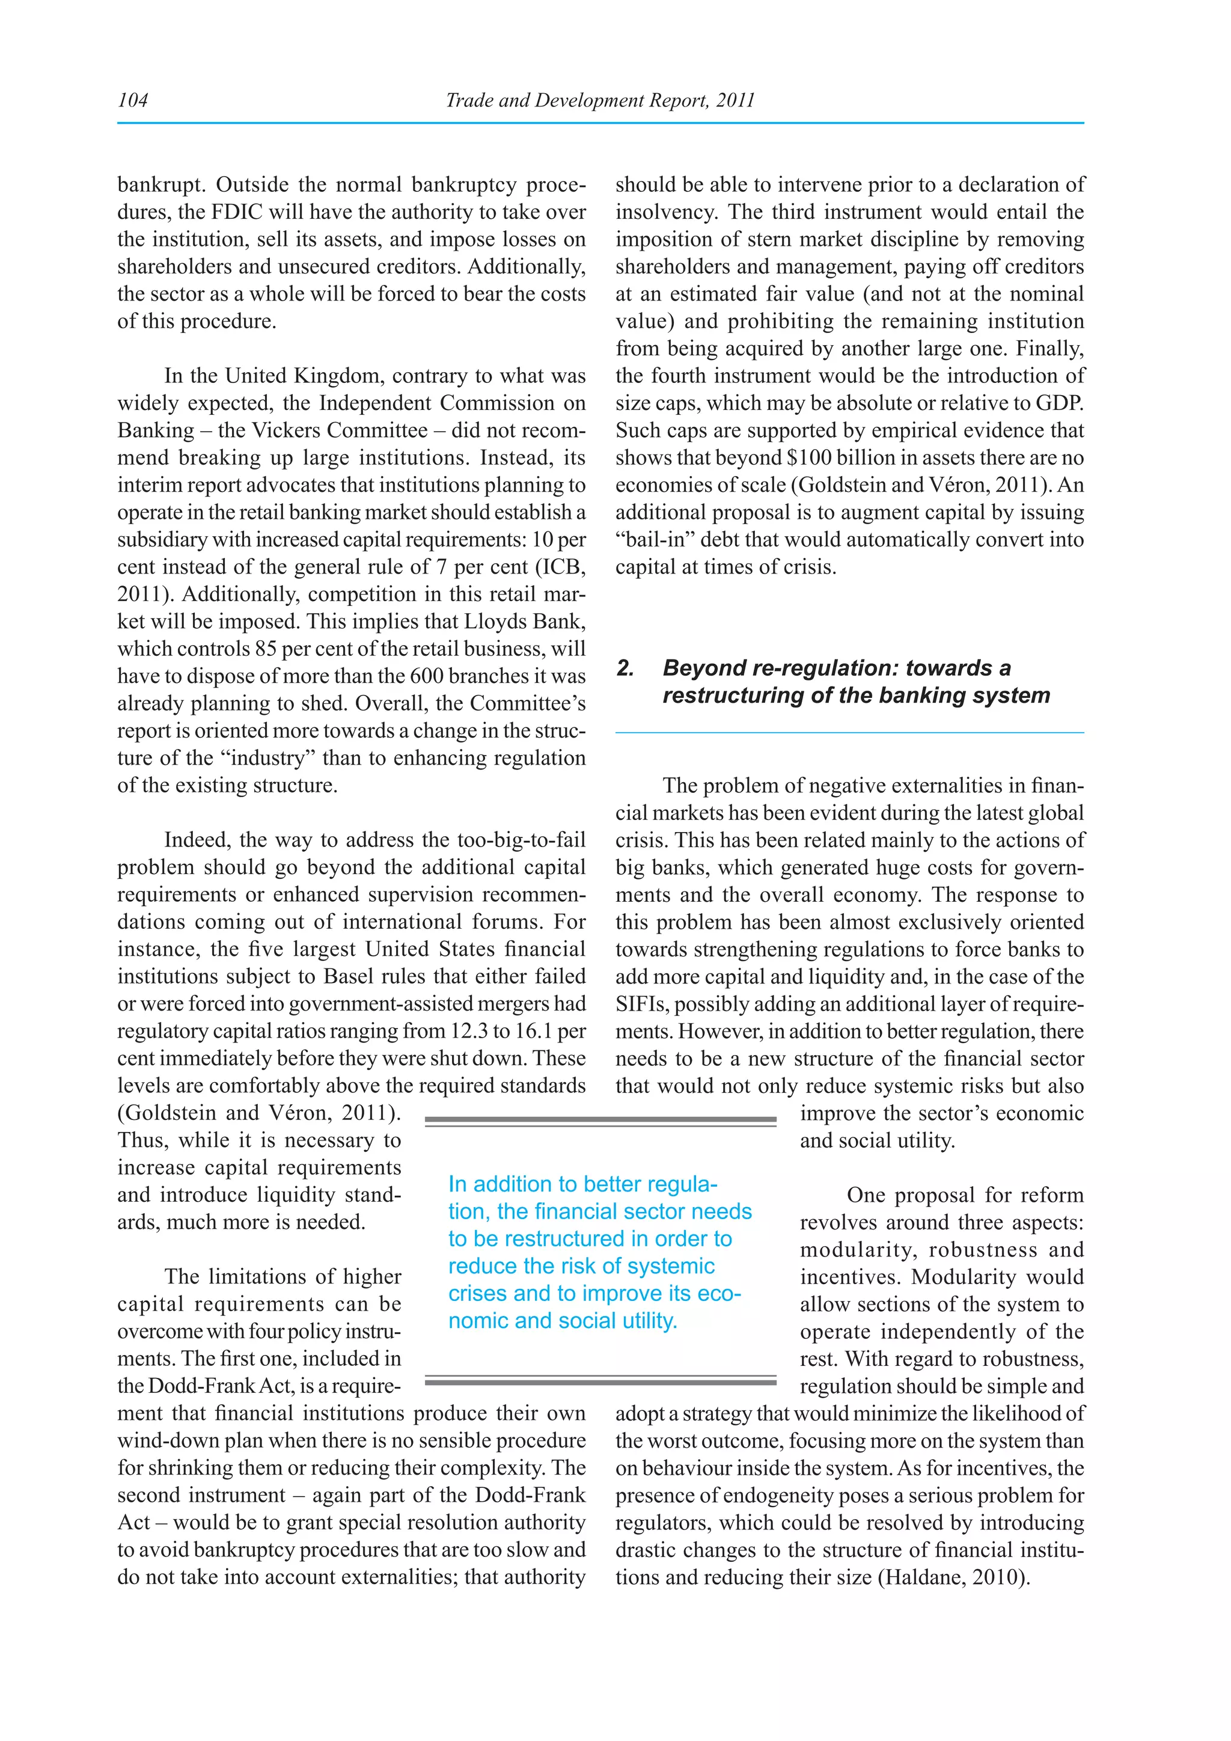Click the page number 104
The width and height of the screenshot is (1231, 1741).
point(133,100)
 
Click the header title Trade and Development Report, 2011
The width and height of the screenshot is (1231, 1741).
point(600,100)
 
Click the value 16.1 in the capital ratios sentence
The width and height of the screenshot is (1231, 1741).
point(537,1031)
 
